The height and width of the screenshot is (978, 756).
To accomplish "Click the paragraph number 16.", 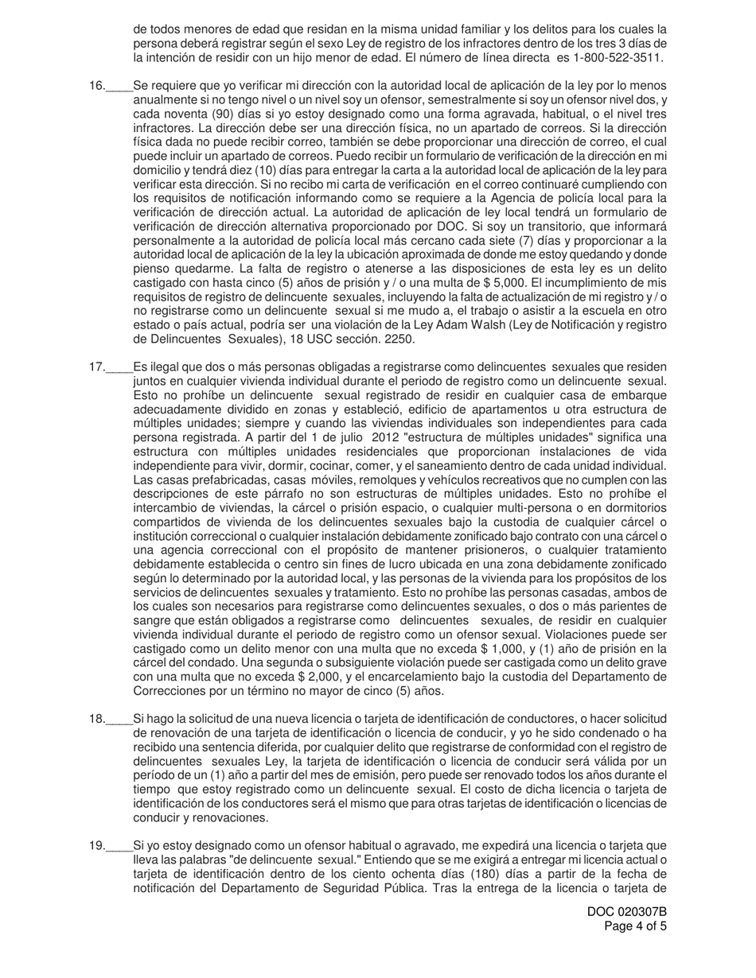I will click(96, 86).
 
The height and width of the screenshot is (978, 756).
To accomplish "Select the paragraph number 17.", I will click(96, 367).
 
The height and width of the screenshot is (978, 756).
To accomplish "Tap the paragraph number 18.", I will click(96, 719).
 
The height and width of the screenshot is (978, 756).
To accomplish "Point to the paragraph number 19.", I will click(96, 846).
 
